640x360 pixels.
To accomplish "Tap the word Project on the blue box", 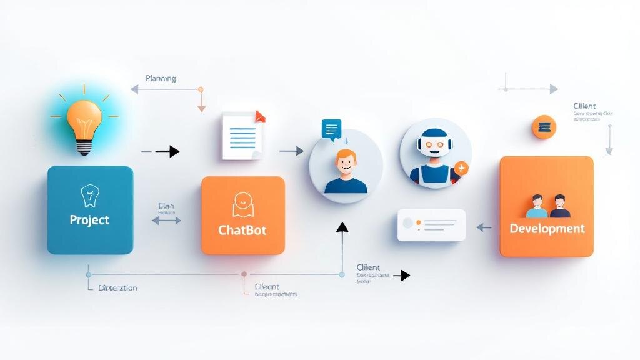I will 89,220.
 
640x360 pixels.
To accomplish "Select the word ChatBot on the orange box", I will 242,230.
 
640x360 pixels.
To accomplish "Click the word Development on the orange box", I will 547,228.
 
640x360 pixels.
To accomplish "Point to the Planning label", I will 161,79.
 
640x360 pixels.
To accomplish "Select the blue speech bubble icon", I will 331,129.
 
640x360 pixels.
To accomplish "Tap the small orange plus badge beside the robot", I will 461,167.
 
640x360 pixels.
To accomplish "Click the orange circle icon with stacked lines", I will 544,127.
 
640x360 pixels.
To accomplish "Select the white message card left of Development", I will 431,225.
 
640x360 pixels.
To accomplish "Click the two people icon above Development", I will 547,205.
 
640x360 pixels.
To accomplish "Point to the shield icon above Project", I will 90,196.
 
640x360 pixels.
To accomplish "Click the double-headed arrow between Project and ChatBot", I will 166,220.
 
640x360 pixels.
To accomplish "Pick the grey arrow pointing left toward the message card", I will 484,228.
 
